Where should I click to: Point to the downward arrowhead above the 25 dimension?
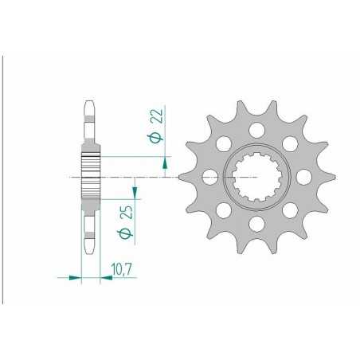pos(134,191)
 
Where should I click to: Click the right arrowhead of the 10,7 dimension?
pos(99,278)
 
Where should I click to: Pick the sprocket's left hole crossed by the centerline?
pos(209,177)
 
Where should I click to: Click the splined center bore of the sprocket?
pos(256,176)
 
